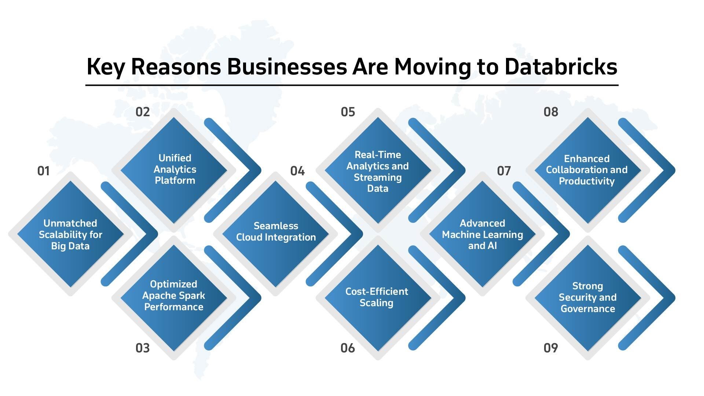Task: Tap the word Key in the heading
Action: coord(106,67)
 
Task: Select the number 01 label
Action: coord(43,171)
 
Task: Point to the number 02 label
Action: coord(143,112)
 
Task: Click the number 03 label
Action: coord(143,348)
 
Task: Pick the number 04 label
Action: coord(297,171)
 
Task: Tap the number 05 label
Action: coord(348,112)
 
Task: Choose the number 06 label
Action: coord(348,348)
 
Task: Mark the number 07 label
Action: coord(504,171)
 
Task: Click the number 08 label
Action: coord(551,112)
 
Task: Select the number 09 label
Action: coord(551,348)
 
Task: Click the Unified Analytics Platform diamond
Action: coord(174,170)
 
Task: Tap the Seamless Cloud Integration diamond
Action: coord(276,234)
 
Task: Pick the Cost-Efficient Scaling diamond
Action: coord(378,298)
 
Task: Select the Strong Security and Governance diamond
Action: coord(587,298)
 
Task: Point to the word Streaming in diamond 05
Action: coord(378,178)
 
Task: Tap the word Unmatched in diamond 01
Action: coord(70,223)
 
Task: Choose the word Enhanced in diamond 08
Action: coord(587,159)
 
